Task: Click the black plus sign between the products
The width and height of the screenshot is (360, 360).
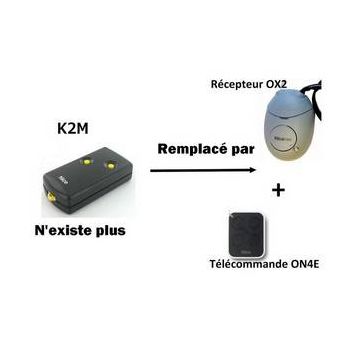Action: click(x=273, y=189)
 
